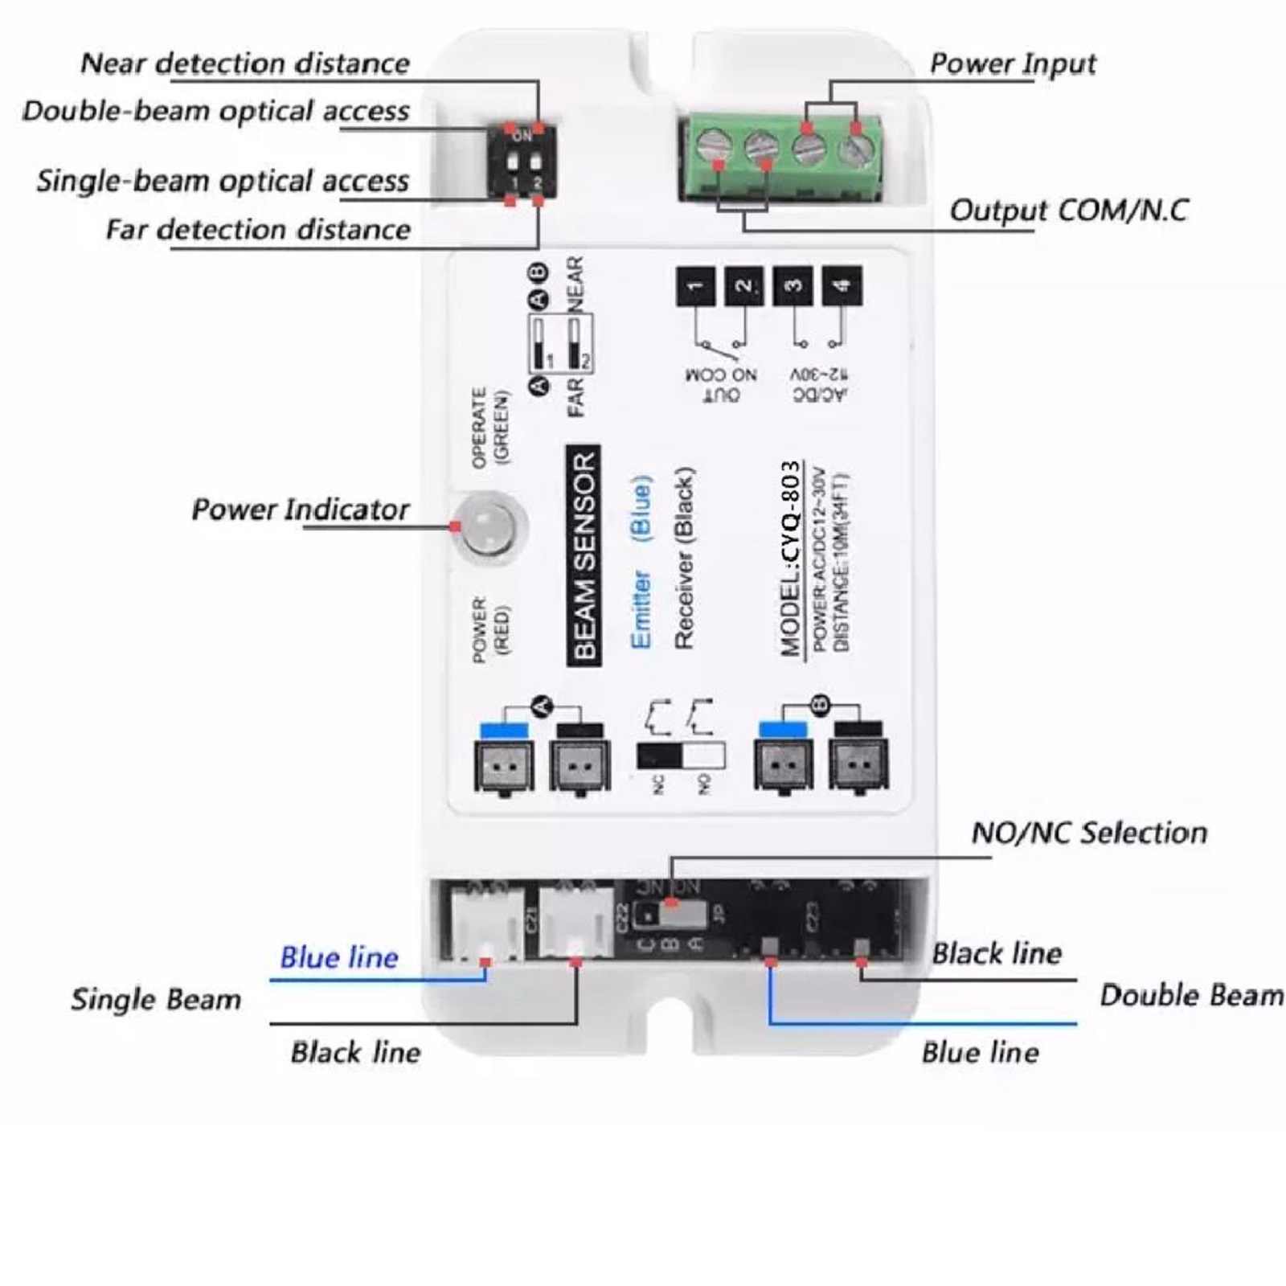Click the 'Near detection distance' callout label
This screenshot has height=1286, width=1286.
[x=245, y=63]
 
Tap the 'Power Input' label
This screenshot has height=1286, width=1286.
[x=1013, y=63]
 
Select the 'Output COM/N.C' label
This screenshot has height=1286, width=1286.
[x=1068, y=211]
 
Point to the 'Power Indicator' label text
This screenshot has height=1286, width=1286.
[x=300, y=510]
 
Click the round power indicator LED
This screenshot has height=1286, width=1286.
[x=489, y=526]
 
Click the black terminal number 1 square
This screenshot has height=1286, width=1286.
[x=696, y=286]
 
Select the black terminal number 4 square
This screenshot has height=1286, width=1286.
[x=842, y=286]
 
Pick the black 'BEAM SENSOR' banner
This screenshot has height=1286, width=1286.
[x=584, y=555]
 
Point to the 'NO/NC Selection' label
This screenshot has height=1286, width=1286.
[x=1089, y=833]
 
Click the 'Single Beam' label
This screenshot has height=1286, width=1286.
[x=156, y=999]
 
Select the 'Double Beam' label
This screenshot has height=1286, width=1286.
[x=1191, y=996]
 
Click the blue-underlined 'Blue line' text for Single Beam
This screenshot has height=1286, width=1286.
[x=338, y=957]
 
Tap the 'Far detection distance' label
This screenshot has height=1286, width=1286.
[x=258, y=230]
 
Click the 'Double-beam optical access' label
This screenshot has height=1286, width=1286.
[x=215, y=111]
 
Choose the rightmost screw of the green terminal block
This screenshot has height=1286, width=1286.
[x=857, y=149]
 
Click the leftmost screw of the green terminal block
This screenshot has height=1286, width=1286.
[x=712, y=149]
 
